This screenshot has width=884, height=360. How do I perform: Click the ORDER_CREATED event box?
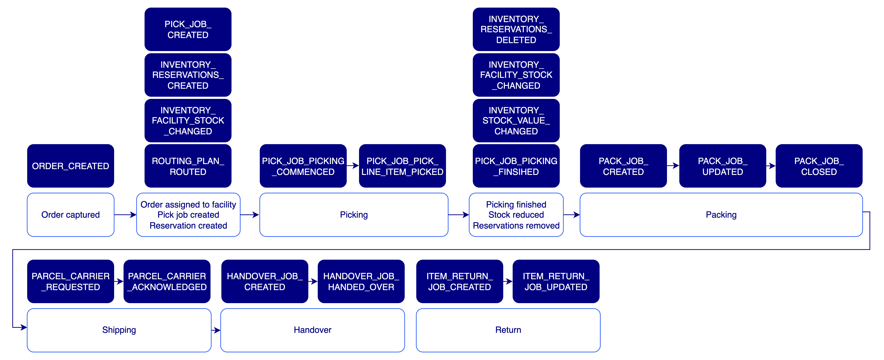[x=70, y=166]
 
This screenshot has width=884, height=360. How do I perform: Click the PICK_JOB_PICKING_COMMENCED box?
[x=303, y=166]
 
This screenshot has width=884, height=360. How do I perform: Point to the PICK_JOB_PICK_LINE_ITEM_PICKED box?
[x=402, y=166]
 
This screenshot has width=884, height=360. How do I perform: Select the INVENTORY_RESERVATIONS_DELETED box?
[x=516, y=30]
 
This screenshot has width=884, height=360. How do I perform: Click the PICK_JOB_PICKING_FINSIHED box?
[x=516, y=166]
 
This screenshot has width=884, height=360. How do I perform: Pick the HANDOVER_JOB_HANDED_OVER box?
[x=361, y=281]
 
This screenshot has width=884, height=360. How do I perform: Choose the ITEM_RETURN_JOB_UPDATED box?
[x=556, y=281]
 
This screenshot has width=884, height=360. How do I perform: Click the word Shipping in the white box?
[x=119, y=330]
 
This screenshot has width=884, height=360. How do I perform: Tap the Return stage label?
[x=508, y=330]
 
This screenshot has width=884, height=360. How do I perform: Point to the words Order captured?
[x=70, y=215]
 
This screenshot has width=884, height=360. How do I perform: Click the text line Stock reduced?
[x=516, y=215]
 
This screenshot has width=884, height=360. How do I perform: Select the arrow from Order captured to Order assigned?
[x=125, y=215]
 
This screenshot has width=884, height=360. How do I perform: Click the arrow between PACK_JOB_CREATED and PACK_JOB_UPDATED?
[x=673, y=166]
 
